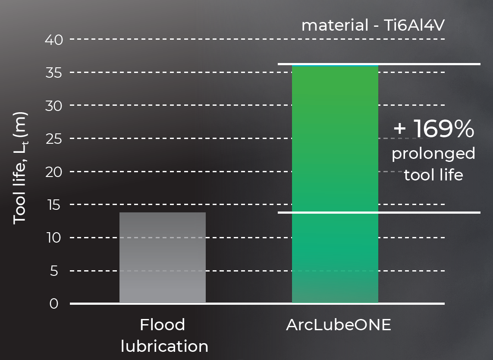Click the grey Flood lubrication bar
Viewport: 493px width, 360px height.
(x=163, y=258)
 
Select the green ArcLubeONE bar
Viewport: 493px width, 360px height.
(x=335, y=184)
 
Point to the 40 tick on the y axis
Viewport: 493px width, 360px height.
(x=54, y=40)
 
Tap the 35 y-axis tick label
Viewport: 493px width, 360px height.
(x=54, y=73)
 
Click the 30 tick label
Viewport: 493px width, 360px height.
(x=54, y=106)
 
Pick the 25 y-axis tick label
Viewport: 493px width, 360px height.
(x=54, y=139)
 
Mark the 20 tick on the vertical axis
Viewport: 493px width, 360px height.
(x=54, y=172)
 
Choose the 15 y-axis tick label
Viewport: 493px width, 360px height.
(x=54, y=205)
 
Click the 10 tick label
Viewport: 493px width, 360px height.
(x=54, y=237)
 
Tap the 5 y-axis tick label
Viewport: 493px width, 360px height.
(x=54, y=271)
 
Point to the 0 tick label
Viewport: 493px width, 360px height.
(x=54, y=304)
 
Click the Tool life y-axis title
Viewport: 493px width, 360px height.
(x=20, y=168)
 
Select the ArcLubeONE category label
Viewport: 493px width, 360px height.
(x=339, y=325)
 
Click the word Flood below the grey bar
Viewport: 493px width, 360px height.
(x=163, y=325)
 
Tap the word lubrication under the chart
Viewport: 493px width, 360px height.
(x=164, y=346)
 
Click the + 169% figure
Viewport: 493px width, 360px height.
(x=434, y=128)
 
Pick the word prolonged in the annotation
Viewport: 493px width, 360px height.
(x=433, y=154)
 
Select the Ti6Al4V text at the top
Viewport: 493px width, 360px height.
(x=414, y=25)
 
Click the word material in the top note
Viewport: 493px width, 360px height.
(x=335, y=25)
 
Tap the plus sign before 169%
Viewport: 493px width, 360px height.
(x=400, y=128)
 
